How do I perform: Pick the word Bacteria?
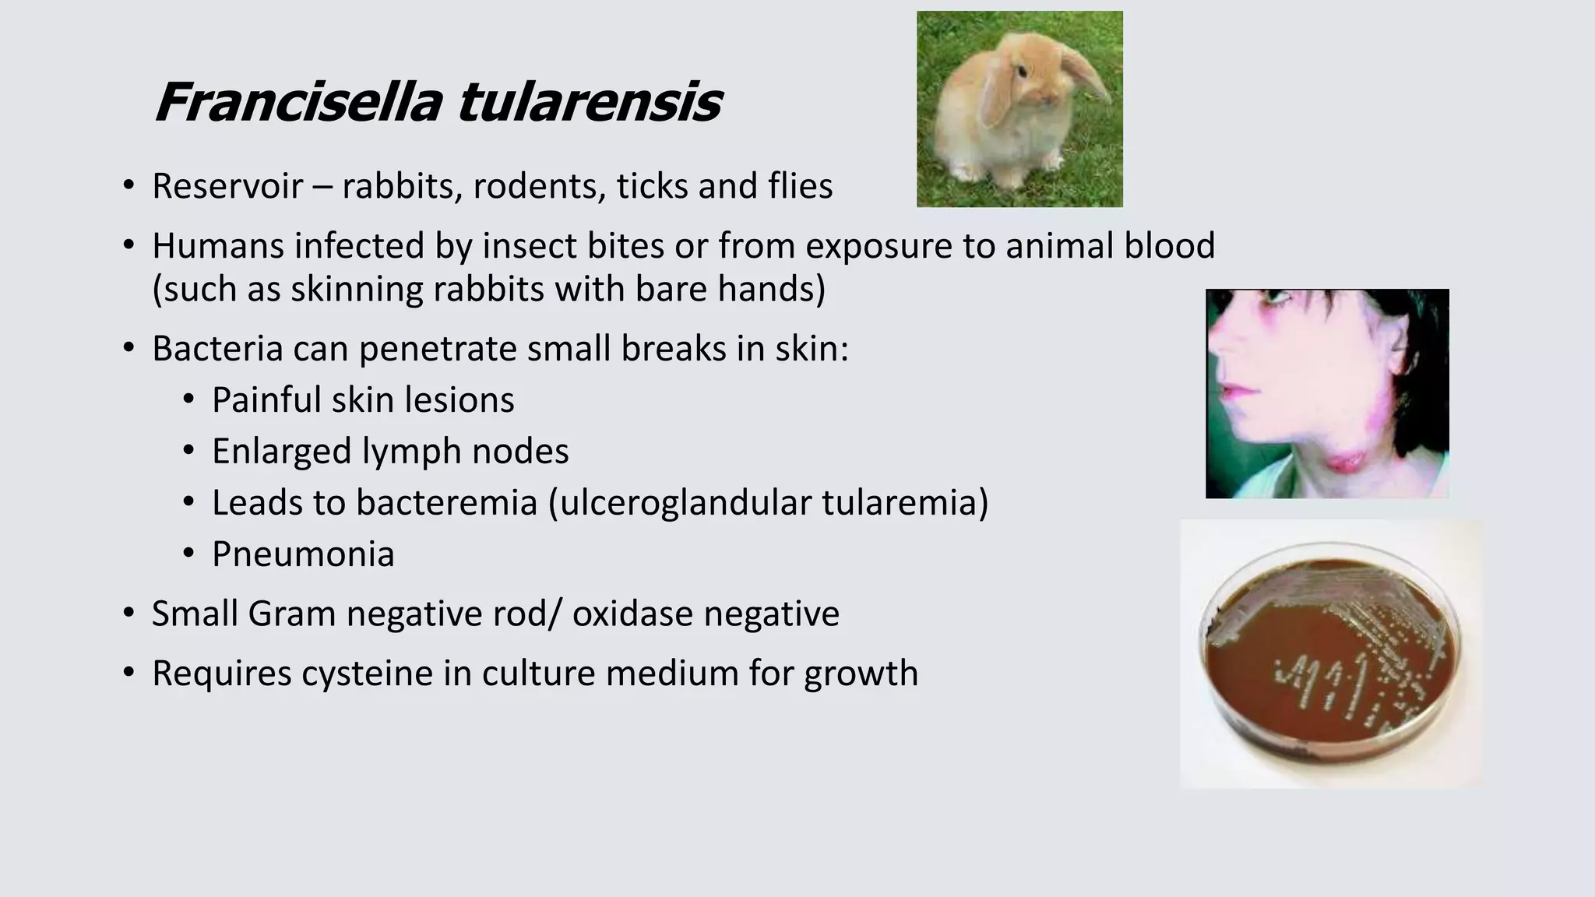tap(217, 349)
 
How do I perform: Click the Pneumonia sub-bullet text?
tap(303, 554)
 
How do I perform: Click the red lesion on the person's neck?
tap(1344, 463)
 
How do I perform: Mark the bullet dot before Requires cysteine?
tap(129, 673)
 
